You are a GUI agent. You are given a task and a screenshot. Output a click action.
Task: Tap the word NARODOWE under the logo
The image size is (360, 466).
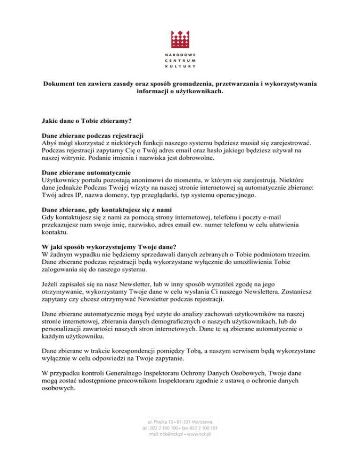pyautogui.click(x=180, y=55)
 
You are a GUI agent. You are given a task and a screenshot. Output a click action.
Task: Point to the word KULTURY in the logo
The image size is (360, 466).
pyautogui.click(x=180, y=67)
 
